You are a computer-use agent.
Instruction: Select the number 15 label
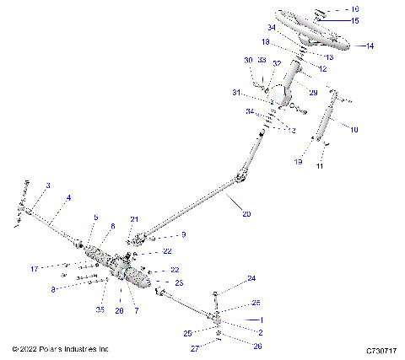point(355,20)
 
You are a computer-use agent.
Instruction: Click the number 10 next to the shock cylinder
point(354,129)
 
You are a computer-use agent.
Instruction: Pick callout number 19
point(299,160)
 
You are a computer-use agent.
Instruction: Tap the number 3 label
point(48,185)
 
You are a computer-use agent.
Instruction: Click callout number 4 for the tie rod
point(68,197)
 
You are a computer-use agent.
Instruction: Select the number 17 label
point(35,269)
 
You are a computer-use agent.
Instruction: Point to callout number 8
point(53,289)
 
